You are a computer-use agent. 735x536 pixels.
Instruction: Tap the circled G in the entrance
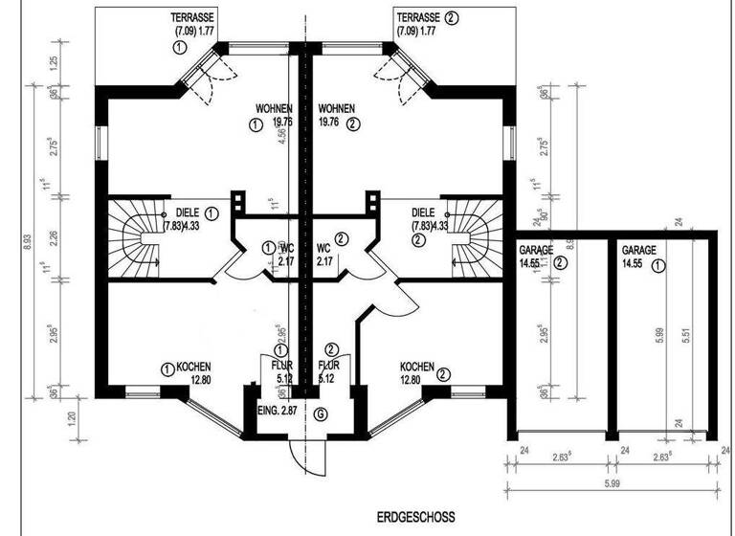coord(320,413)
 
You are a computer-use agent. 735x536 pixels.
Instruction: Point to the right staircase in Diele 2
coord(473,239)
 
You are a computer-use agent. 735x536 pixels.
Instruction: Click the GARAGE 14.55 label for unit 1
coord(638,256)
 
